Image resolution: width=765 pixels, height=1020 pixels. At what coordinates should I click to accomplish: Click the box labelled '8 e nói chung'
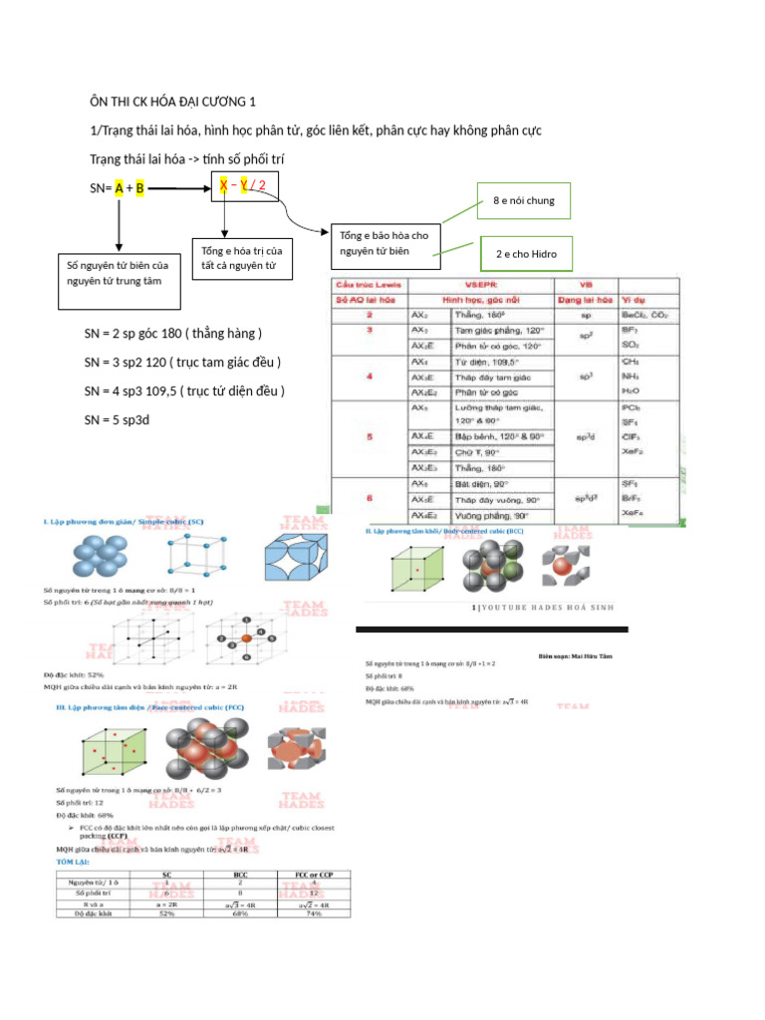pos(524,201)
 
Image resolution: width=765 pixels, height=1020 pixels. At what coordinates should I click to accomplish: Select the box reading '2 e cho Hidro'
pos(526,255)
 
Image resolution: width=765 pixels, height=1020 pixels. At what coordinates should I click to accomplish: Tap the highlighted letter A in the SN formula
pos(120,187)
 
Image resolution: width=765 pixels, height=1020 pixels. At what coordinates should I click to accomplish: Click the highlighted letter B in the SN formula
pos(140,187)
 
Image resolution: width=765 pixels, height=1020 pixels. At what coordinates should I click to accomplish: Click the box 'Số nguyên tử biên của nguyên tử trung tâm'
pos(118,274)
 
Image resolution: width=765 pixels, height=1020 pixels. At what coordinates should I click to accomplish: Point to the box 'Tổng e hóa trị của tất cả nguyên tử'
pos(241,258)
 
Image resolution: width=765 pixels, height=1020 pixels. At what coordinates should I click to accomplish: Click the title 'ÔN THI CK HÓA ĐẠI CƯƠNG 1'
pos(173,102)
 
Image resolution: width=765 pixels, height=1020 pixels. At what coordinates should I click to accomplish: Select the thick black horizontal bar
pos(492,630)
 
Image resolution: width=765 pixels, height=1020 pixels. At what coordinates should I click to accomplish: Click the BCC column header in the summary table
pos(239,874)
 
